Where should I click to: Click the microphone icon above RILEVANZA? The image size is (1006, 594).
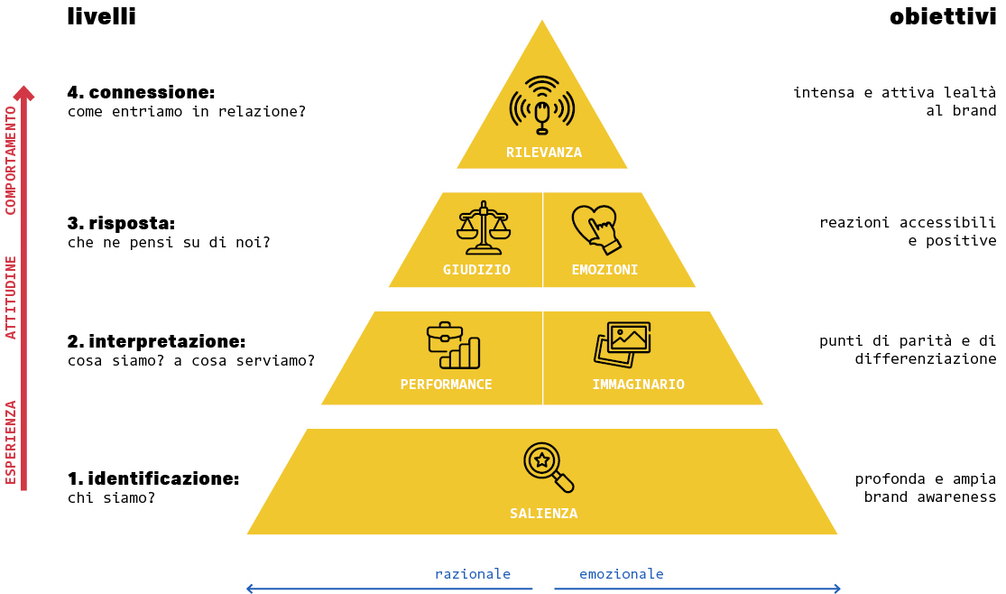tap(541, 106)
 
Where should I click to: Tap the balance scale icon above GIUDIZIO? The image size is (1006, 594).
tap(484, 227)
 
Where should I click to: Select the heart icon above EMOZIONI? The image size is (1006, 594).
tap(596, 229)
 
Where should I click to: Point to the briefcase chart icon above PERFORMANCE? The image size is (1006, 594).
tap(453, 346)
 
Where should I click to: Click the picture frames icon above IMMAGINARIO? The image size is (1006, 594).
tap(623, 344)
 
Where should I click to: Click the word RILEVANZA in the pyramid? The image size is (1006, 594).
tap(543, 153)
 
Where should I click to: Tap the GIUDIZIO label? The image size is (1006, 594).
tap(476, 270)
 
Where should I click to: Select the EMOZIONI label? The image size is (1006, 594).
tap(605, 270)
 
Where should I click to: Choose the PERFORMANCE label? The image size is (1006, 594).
tap(446, 385)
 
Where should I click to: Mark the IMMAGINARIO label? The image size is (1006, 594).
tap(638, 385)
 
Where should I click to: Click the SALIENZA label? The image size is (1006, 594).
tap(543, 514)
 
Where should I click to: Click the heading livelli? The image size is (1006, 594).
tap(101, 16)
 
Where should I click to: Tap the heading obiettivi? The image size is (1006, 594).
tap(942, 16)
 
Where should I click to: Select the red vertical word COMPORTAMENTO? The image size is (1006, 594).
tap(12, 160)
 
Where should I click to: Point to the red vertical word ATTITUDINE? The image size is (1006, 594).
tap(12, 297)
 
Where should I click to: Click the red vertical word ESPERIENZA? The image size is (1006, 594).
tap(12, 441)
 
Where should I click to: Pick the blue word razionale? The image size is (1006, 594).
tap(473, 574)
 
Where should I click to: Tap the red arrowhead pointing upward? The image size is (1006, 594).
tap(24, 93)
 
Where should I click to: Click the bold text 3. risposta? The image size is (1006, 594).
tap(121, 223)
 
